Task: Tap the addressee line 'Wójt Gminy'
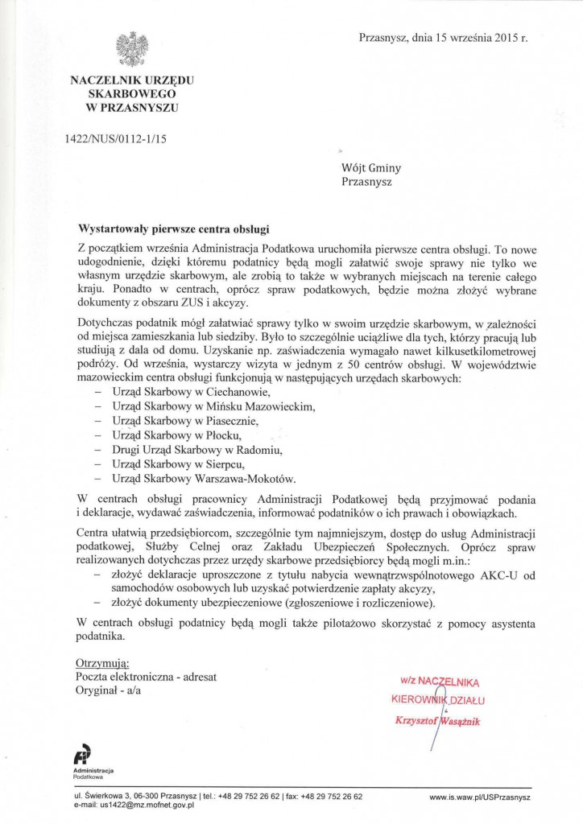371,168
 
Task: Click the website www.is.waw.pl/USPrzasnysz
480,797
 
